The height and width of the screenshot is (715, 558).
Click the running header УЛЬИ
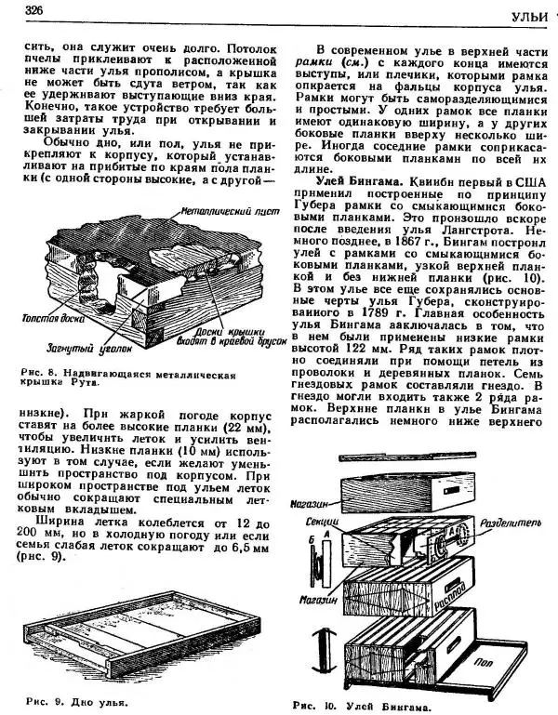click(534, 18)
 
